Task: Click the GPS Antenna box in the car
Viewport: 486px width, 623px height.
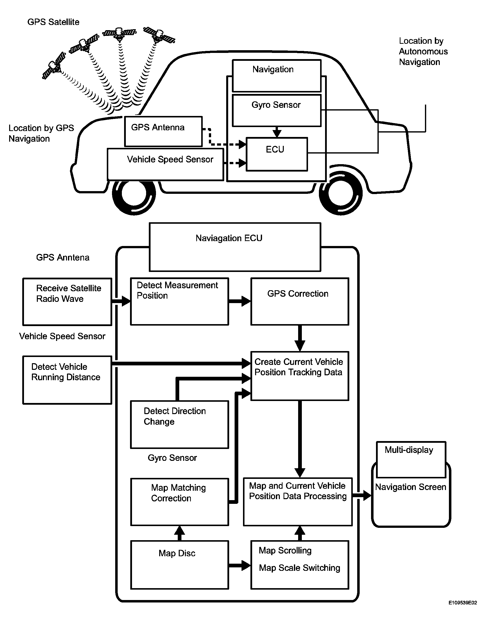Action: [163, 132]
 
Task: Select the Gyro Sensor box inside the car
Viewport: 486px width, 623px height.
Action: [276, 111]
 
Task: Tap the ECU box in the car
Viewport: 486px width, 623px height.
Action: [276, 154]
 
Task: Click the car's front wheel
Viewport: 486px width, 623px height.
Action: [134, 193]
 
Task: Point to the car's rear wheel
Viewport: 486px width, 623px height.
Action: [341, 193]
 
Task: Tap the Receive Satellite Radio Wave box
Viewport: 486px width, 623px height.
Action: [67, 302]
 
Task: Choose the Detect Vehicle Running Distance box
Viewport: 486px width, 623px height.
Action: [67, 380]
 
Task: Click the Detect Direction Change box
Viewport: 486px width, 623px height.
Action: [179, 424]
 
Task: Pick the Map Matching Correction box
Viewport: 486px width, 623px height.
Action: [179, 502]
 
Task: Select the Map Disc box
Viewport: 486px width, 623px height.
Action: [179, 565]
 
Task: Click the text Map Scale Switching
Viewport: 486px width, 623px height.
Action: [299, 568]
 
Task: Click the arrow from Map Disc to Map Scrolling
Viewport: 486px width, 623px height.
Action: [239, 565]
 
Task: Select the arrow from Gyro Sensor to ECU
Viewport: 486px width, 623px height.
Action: [277, 132]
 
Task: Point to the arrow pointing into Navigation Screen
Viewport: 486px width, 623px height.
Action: [362, 495]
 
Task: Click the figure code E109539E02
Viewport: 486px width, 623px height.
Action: [462, 603]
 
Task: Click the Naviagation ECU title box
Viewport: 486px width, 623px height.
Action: [235, 247]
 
